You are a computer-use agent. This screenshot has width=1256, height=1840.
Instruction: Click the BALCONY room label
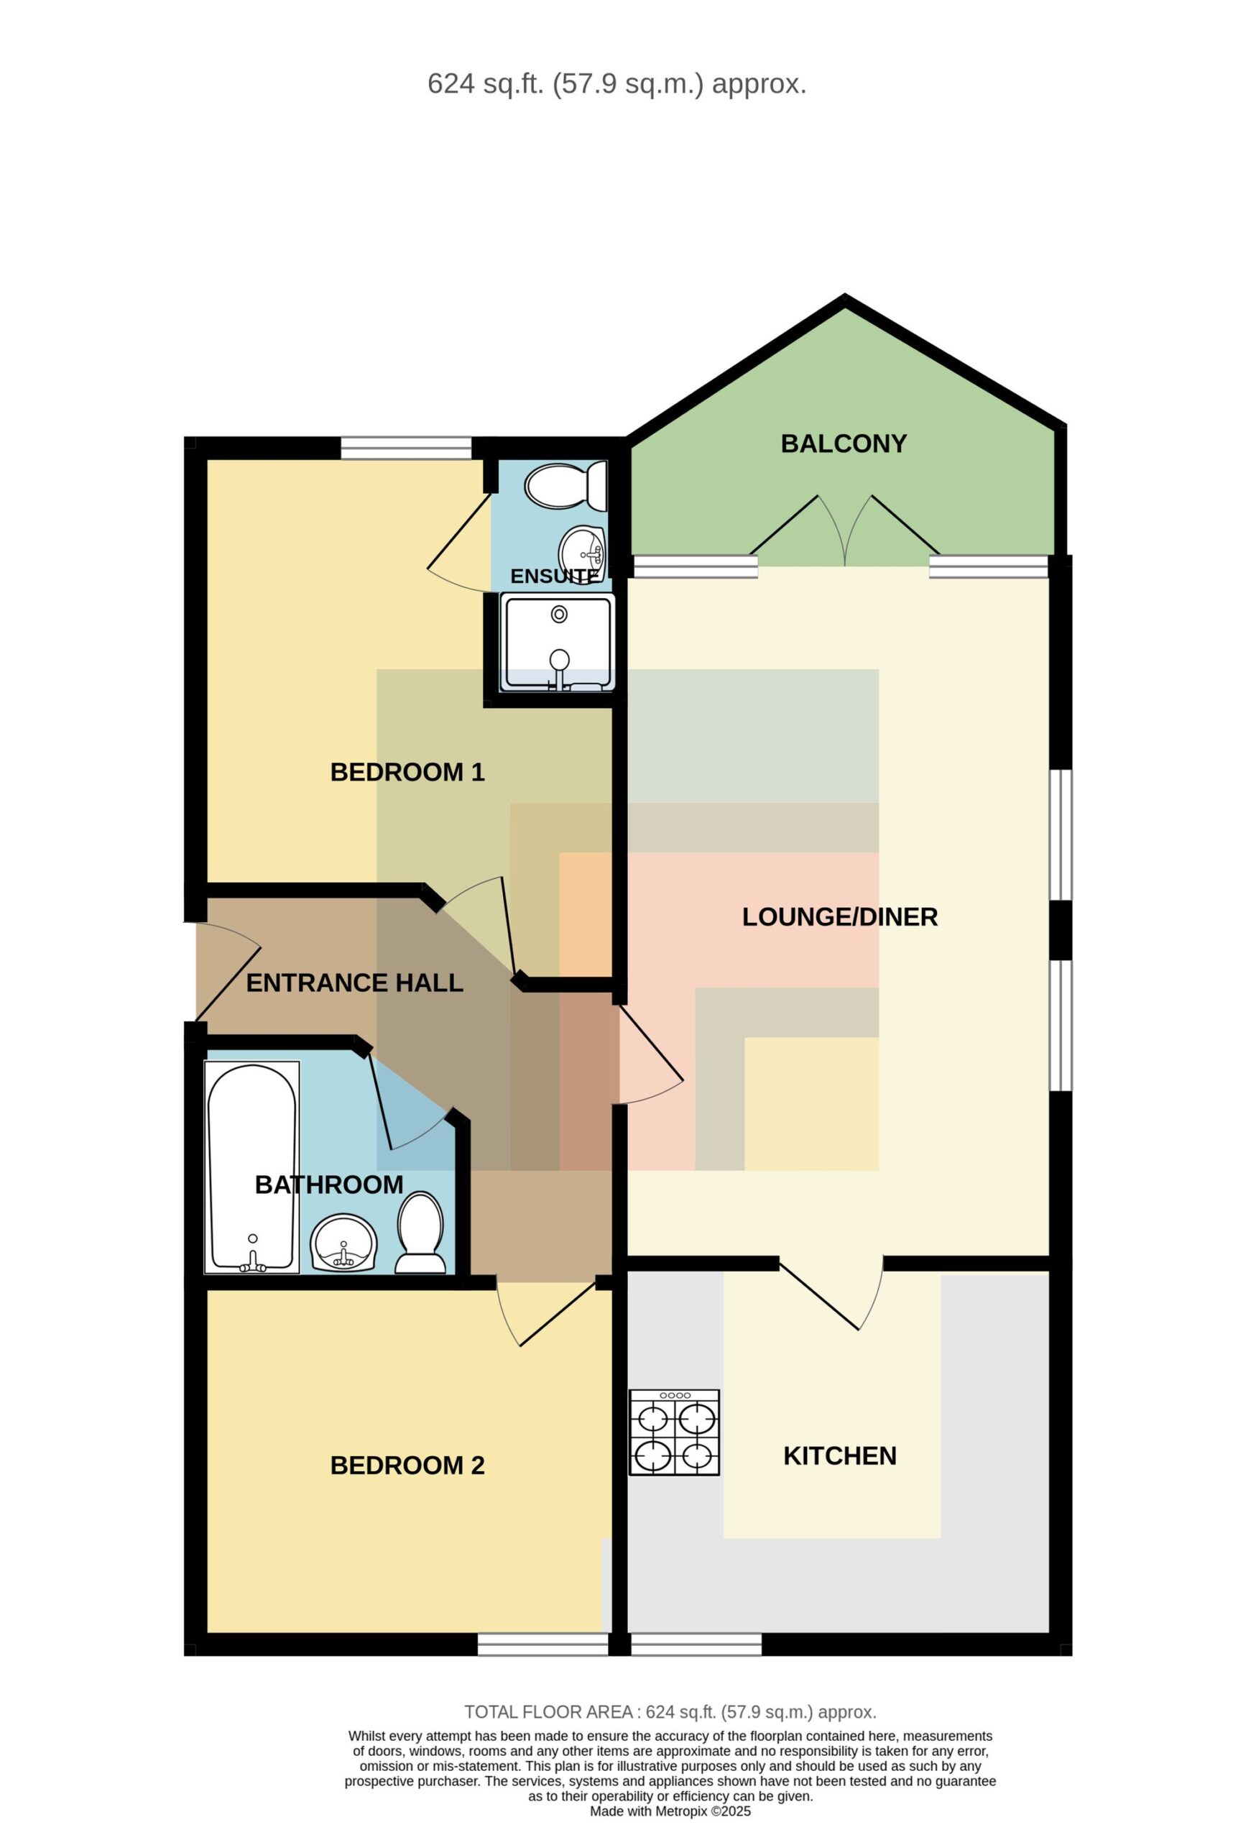click(843, 443)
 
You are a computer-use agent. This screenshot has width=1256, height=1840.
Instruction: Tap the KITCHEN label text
click(840, 1455)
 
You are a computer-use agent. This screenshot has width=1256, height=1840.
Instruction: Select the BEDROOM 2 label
click(407, 1465)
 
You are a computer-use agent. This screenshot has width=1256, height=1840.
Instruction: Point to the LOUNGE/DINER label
click(840, 917)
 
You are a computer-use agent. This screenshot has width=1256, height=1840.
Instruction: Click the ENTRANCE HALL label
click(354, 983)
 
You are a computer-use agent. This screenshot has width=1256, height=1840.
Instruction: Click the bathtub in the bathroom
click(251, 1167)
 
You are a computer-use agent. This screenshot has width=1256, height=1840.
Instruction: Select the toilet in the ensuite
click(566, 485)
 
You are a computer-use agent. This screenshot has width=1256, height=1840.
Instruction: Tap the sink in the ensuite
click(583, 553)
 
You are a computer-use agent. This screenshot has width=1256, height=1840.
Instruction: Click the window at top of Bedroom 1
click(406, 448)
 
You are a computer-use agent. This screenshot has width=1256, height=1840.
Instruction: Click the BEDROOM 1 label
click(407, 772)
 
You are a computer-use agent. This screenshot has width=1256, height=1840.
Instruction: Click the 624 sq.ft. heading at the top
click(617, 84)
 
